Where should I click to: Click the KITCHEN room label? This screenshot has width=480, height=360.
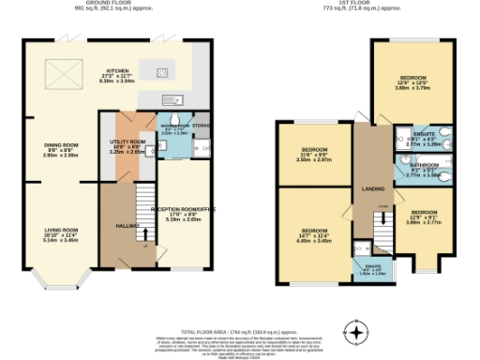tap(117, 70)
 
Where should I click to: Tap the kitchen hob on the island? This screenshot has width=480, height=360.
tap(161, 72)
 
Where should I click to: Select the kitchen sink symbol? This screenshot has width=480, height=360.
tap(170, 99)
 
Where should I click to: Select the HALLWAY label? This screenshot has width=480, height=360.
tap(127, 226)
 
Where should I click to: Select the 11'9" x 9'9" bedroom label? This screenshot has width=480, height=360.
tap(315, 150)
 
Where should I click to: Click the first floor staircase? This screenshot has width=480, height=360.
tap(382, 226)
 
